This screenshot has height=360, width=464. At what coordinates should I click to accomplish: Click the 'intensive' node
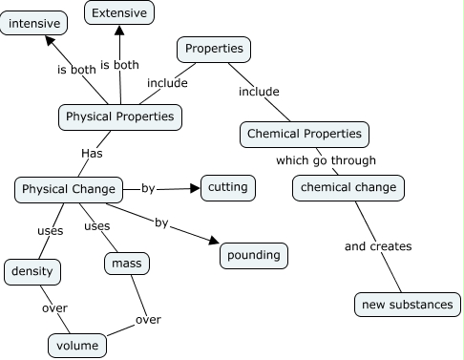(34, 21)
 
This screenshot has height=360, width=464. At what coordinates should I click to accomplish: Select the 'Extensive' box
(119, 13)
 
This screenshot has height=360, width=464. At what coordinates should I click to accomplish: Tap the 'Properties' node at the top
(214, 49)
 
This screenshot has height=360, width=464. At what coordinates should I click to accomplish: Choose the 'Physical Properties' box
(119, 116)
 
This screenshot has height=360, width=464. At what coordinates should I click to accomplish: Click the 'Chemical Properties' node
(304, 134)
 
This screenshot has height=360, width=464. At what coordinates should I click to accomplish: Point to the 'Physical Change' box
(69, 189)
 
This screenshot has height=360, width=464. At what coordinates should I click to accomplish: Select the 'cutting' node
(228, 187)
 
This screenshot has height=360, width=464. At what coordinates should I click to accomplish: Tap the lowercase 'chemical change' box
(348, 187)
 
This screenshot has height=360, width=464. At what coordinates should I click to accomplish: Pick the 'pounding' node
(253, 255)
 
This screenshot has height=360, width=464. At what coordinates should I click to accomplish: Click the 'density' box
(32, 272)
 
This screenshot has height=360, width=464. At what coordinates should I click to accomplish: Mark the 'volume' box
(76, 345)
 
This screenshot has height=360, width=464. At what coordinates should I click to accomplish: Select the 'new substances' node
(408, 305)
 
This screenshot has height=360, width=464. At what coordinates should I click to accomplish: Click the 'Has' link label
(92, 152)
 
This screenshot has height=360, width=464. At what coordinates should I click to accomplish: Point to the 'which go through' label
(326, 160)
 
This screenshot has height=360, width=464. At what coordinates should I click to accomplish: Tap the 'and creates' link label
(377, 246)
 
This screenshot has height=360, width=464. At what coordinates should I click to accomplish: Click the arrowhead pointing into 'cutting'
(194, 188)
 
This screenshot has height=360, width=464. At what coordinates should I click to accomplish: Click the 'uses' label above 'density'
(50, 230)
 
